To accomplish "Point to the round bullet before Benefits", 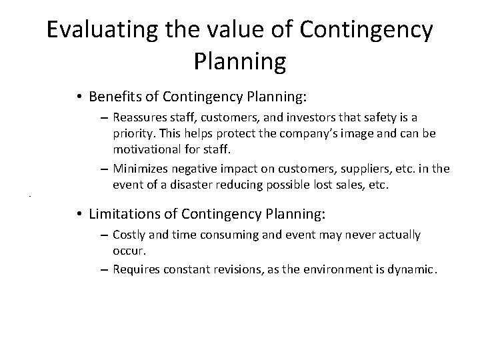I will click(79, 97).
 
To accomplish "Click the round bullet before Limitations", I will click(79, 214).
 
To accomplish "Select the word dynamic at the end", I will click(414, 269).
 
